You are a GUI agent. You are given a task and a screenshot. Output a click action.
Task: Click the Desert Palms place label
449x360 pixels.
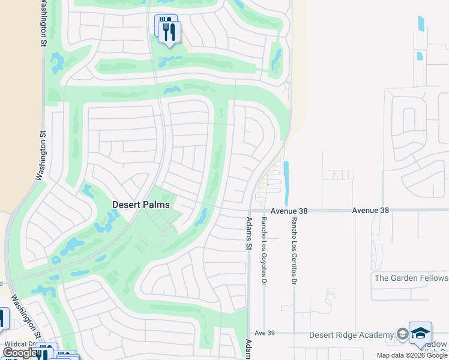[x=141, y=205]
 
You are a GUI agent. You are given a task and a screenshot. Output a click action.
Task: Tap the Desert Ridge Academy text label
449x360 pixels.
[x=351, y=335]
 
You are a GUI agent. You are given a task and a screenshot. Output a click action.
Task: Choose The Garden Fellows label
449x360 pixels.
[x=411, y=278]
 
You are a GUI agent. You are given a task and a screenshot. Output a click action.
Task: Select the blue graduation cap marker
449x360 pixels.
[x=420, y=334]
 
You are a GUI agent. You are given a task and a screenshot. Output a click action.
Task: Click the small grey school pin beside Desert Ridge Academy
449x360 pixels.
[x=402, y=335]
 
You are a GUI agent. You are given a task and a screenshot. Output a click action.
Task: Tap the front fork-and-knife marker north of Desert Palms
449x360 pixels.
[x=170, y=32]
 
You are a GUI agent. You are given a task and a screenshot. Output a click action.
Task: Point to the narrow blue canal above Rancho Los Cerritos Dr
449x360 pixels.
[x=286, y=183]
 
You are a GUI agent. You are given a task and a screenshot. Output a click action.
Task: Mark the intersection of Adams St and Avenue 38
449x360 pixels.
[x=248, y=211]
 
